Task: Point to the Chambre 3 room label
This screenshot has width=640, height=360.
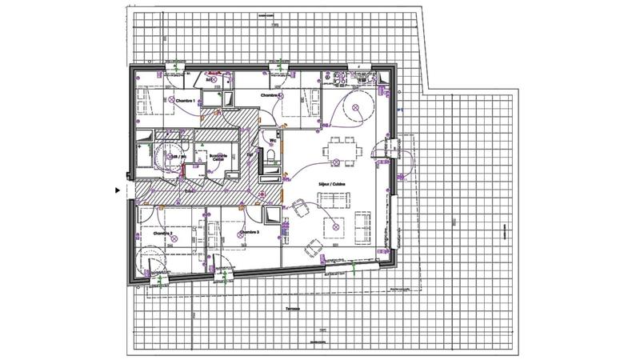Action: (249, 232)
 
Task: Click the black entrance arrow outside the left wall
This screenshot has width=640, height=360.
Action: (117, 190)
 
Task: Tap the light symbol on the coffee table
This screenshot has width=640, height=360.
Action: (334, 226)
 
